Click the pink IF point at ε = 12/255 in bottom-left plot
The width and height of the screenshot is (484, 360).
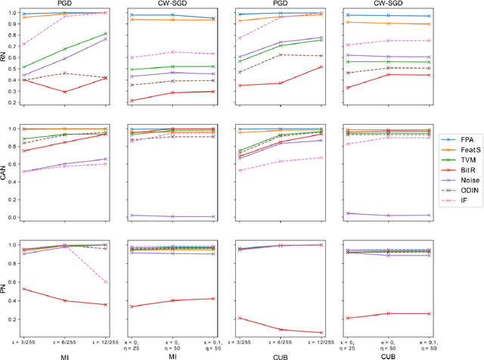(x=105, y=282)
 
